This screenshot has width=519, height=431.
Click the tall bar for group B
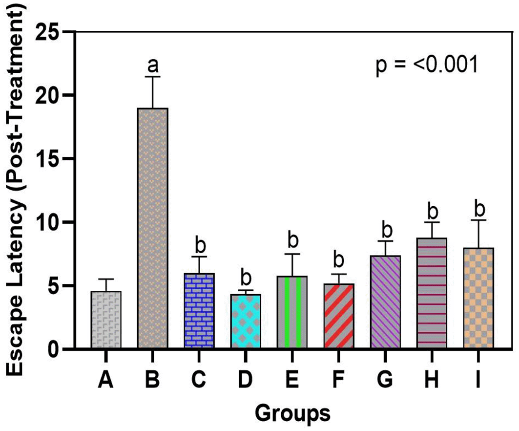[153, 228]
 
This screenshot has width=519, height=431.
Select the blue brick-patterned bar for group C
[199, 311]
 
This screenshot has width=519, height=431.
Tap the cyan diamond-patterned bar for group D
[246, 321]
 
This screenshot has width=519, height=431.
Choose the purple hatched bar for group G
[385, 302]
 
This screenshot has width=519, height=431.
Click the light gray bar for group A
[106, 320]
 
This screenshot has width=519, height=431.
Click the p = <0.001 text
[426, 66]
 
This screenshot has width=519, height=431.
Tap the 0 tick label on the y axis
[57, 349]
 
